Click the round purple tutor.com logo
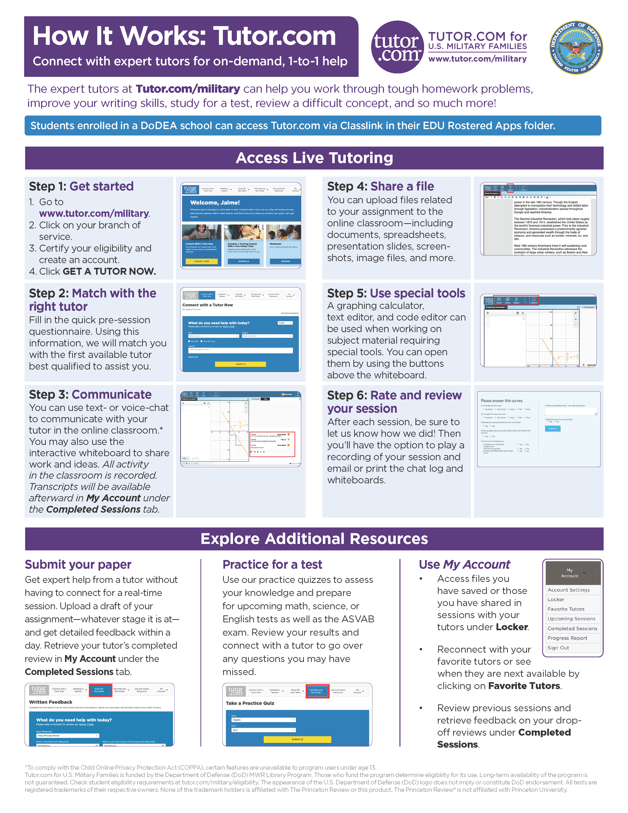point(397,47)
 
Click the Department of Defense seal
point(576,47)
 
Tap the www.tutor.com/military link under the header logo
point(477,59)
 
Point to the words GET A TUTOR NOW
point(109,271)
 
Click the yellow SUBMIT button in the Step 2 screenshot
point(240,364)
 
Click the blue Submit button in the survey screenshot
point(552,428)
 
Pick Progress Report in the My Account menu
point(567,638)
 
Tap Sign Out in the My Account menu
point(558,648)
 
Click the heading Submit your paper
point(78,564)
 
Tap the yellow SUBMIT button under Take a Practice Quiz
point(297,739)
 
